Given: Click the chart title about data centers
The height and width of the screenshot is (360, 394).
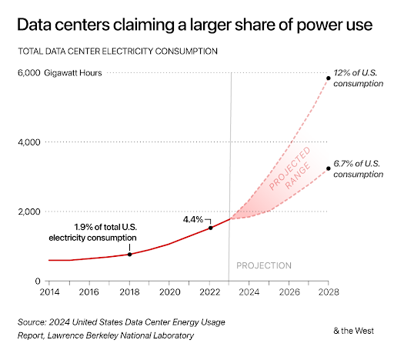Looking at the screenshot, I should (195, 25).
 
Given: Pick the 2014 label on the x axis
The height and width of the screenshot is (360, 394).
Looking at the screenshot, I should (48, 293).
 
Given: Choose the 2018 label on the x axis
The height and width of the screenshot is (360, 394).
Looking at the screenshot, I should (129, 293).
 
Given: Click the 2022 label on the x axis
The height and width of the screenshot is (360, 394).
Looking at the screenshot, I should (209, 293).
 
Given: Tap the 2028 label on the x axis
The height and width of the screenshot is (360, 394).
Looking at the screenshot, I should (329, 293).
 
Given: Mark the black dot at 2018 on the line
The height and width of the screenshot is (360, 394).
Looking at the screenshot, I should (129, 254).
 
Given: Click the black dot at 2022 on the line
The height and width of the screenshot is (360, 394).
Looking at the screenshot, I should (210, 228).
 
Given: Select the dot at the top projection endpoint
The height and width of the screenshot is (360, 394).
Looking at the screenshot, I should (329, 78).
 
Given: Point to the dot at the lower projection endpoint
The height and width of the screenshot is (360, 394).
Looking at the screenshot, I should (329, 168).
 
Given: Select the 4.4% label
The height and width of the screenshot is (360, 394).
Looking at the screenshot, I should (192, 219).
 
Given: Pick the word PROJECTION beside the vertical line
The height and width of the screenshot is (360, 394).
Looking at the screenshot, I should (263, 265).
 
